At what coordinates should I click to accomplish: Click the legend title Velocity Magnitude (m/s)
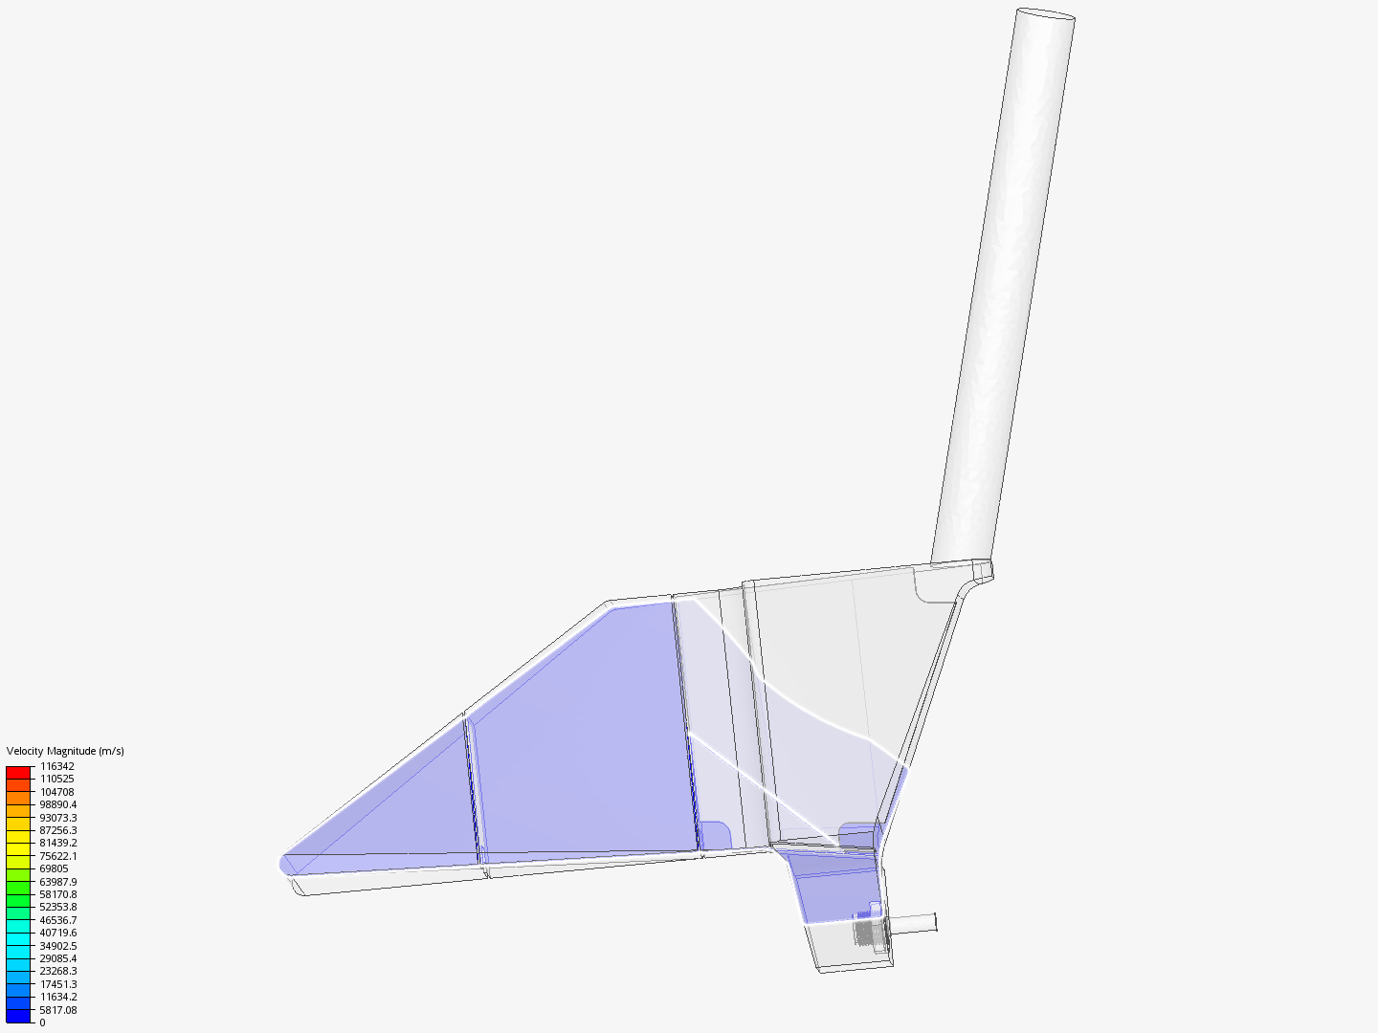pyautogui.click(x=65, y=751)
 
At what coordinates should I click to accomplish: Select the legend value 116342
pyautogui.click(x=57, y=766)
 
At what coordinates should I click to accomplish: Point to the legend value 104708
pyautogui.click(x=57, y=792)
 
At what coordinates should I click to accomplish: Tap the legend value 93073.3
pyautogui.click(x=58, y=817)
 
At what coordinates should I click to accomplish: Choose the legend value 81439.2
pyautogui.click(x=58, y=843)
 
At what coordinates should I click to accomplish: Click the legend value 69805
pyautogui.click(x=54, y=868)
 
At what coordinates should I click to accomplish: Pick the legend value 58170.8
pyautogui.click(x=58, y=893)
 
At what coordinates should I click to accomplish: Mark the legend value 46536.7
pyautogui.click(x=58, y=919)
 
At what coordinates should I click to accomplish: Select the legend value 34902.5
pyautogui.click(x=58, y=945)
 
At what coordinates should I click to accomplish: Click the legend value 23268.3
pyautogui.click(x=58, y=971)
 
